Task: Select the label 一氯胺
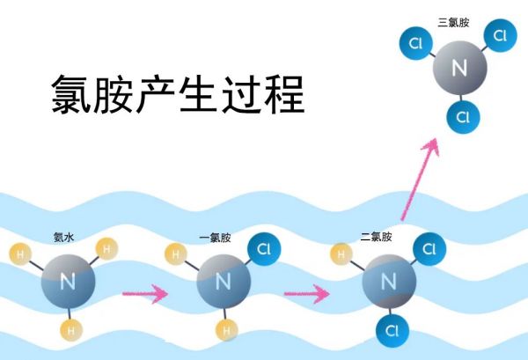coord(215,237)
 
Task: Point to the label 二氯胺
coord(376,237)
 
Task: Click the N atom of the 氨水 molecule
coord(67,282)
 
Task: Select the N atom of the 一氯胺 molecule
coord(223,282)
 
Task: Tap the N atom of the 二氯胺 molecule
coord(388,282)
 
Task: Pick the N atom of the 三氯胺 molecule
coord(458,67)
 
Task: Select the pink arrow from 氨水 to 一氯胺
coord(144,293)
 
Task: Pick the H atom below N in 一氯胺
coord(225,331)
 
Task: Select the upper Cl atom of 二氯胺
coord(429,249)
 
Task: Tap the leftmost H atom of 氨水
coord(20,255)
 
